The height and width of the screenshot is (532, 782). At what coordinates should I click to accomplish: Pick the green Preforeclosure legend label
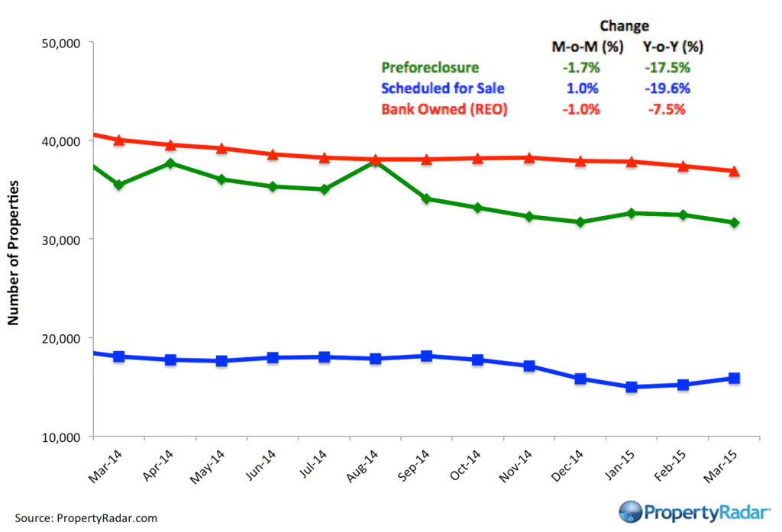431,68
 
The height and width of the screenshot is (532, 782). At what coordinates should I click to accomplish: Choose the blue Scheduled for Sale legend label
442,89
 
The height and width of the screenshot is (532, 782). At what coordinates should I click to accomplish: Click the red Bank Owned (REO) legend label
444,109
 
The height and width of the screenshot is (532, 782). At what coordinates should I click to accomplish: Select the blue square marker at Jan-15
632,387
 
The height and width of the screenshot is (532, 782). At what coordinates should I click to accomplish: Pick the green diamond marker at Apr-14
170,163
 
